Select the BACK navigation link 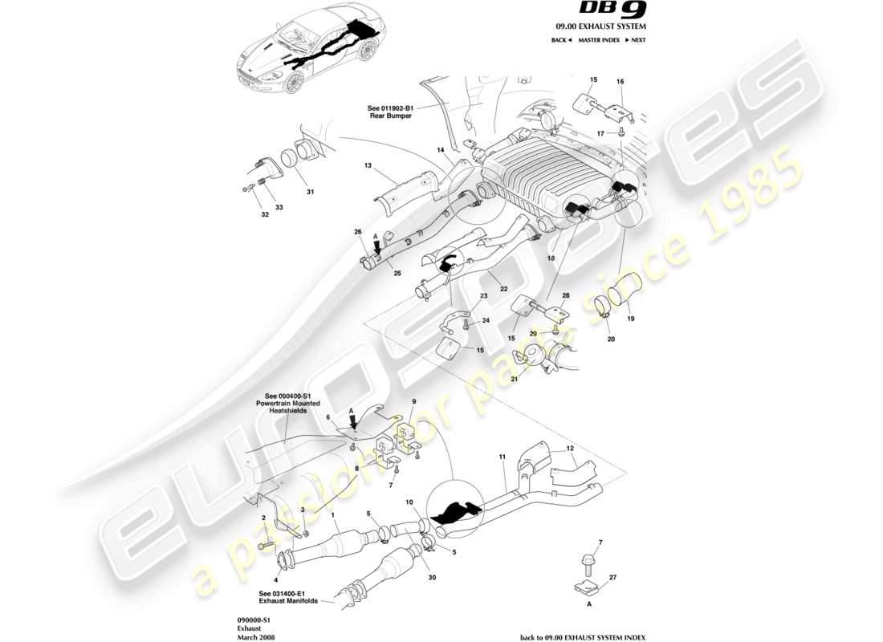point(561,40)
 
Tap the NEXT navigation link point(635,40)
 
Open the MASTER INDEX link point(598,40)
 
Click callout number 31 point(310,191)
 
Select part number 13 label point(368,166)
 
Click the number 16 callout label point(620,82)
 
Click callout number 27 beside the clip point(612,576)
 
